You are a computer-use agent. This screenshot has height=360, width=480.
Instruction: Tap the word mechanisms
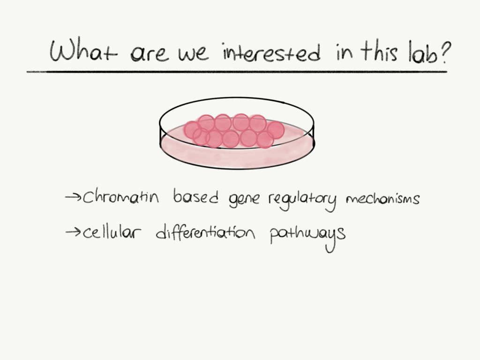click(382, 199)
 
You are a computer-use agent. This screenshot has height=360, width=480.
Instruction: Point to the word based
click(196, 198)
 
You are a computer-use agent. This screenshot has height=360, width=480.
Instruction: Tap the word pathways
click(307, 234)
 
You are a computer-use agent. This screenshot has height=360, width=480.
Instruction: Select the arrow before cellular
click(74, 233)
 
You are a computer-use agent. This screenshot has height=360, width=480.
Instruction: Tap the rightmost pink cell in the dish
click(276, 130)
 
